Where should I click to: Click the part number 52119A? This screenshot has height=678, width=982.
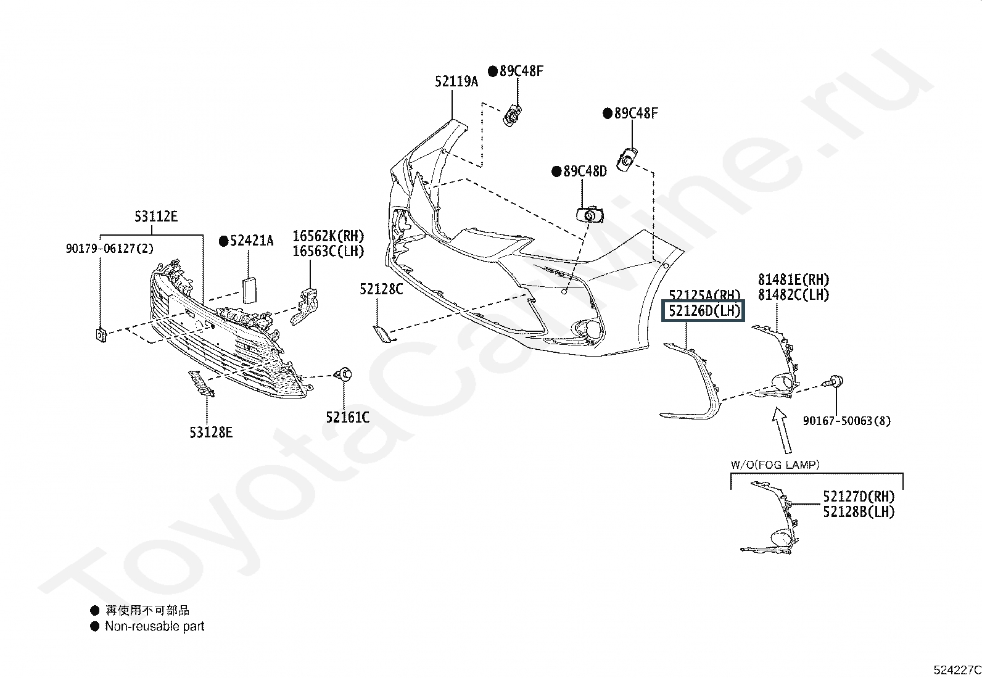click(x=456, y=81)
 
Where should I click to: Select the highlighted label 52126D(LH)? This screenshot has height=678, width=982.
click(x=704, y=311)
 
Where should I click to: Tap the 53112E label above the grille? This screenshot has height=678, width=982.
click(x=156, y=217)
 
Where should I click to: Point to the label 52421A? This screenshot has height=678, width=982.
click(x=251, y=241)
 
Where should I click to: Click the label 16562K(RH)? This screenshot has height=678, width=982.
click(x=328, y=236)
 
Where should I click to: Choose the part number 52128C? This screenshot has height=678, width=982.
click(x=381, y=289)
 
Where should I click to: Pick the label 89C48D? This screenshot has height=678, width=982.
click(x=585, y=172)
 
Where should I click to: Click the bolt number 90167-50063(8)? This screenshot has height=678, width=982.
click(x=846, y=421)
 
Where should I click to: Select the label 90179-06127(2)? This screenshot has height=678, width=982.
click(x=110, y=249)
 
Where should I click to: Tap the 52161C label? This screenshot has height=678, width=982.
click(x=348, y=418)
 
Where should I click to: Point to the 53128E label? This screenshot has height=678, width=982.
click(x=211, y=433)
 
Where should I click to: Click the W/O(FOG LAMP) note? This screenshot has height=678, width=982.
click(x=775, y=465)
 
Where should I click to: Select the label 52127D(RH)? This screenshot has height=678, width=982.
click(x=859, y=497)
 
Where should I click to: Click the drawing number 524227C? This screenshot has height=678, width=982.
click(x=957, y=670)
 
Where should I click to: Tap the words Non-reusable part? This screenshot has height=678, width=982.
click(x=154, y=626)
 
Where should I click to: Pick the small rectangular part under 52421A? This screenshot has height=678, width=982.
click(x=250, y=290)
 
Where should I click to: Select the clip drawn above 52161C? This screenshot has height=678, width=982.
click(x=343, y=374)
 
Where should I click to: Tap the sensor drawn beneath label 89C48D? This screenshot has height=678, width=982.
click(x=590, y=215)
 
